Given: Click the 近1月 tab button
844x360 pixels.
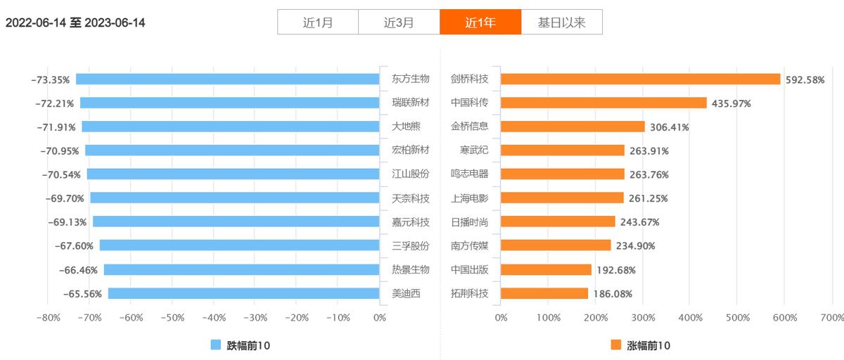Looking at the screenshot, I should pyautogui.click(x=318, y=22).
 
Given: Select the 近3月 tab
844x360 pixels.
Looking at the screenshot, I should pyautogui.click(x=399, y=22).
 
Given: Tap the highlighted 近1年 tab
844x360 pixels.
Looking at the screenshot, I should pyautogui.click(x=480, y=22).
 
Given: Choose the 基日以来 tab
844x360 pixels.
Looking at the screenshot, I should pyautogui.click(x=561, y=22).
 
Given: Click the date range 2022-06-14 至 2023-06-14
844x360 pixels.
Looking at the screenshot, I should pyautogui.click(x=75, y=22).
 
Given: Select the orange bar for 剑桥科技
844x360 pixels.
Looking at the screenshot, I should pyautogui.click(x=640, y=79).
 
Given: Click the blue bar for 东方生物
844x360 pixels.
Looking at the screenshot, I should pyautogui.click(x=228, y=79).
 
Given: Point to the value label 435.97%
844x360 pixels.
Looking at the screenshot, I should pyautogui.click(x=731, y=103).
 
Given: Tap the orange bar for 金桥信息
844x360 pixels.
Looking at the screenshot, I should pyautogui.click(x=573, y=127).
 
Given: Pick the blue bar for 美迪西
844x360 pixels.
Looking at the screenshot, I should pyautogui.click(x=244, y=294).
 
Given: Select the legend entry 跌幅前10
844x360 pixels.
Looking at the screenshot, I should pyautogui.click(x=241, y=345).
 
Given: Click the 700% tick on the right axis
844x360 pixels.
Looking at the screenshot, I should pyautogui.click(x=832, y=318).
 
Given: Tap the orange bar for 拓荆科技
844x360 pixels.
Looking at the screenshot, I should pyautogui.click(x=544, y=294).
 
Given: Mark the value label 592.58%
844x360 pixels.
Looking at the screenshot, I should pyautogui.click(x=805, y=79).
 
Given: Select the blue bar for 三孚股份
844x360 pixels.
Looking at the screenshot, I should pyautogui.click(x=240, y=246).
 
